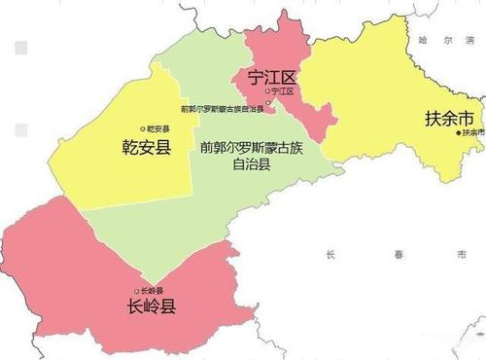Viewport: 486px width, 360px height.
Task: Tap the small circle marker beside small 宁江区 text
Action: click(x=268, y=91)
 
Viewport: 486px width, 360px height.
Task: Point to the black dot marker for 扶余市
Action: click(x=459, y=132)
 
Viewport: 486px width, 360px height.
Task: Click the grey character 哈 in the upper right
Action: click(x=422, y=43)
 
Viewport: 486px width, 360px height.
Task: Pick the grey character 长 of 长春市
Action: click(x=331, y=254)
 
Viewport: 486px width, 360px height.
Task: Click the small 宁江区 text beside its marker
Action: click(x=283, y=91)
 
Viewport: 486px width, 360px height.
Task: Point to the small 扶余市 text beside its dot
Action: click(x=472, y=132)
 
